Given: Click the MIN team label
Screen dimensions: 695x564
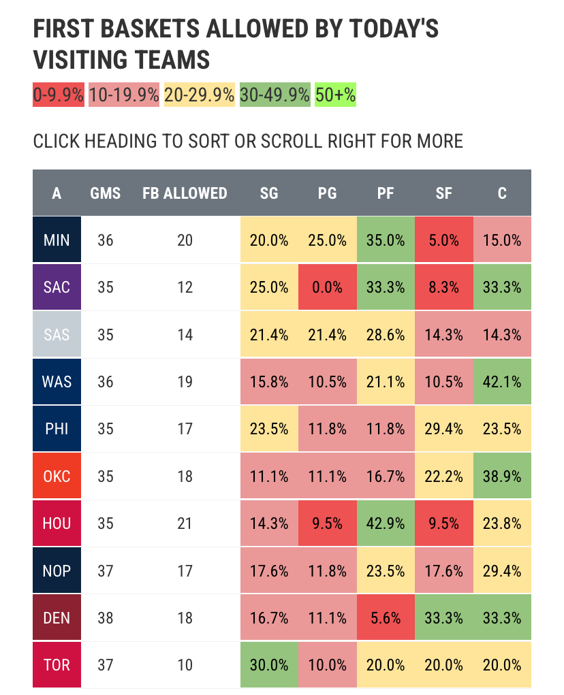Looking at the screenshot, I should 57,240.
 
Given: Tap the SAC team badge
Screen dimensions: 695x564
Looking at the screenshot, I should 57,287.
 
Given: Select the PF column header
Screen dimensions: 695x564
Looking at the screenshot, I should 386,193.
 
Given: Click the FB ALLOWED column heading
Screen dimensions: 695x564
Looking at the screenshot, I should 185,193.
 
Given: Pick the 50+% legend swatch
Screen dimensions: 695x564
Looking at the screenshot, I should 335,95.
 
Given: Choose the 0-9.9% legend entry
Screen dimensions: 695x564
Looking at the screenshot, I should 59,95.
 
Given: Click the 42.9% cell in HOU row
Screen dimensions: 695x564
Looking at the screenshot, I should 386,523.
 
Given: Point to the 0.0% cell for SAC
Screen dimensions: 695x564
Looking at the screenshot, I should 327,287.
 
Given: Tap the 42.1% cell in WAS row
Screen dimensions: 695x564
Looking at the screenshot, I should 502,381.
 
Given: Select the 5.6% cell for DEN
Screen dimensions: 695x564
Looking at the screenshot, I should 386,618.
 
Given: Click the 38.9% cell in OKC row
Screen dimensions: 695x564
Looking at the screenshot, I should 502,476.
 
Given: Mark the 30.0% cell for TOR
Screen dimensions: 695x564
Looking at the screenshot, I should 269,665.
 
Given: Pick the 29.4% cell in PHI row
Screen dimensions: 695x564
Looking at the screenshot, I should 443,429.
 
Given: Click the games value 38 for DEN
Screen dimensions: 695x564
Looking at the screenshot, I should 106,618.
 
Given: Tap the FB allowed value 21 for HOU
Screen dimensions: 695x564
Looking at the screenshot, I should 185,523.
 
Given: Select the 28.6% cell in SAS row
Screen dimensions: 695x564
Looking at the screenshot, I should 386,334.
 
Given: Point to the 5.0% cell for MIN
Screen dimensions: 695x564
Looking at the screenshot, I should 443,240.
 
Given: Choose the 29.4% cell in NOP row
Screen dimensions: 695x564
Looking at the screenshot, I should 502,570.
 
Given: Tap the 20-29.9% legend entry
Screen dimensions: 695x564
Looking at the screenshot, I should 200,95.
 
